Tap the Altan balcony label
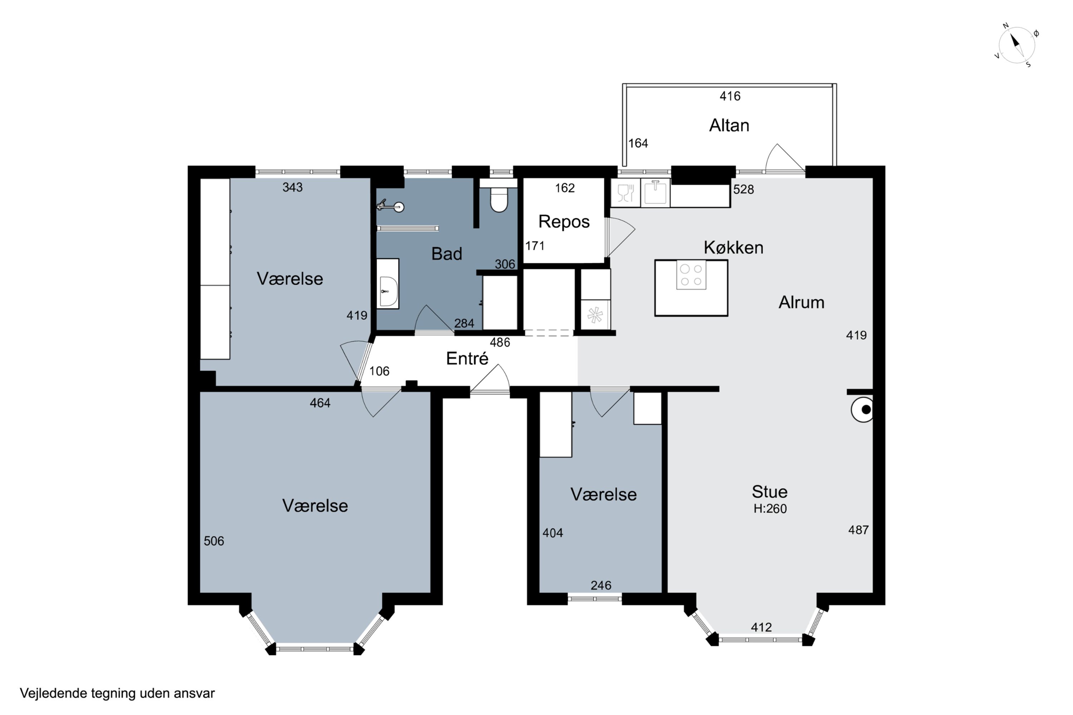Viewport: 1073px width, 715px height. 729,125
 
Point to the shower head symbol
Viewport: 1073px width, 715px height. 391,206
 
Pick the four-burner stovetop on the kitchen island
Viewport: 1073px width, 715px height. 691,275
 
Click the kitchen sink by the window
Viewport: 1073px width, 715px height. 655,193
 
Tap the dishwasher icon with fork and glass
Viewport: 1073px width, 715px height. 626,193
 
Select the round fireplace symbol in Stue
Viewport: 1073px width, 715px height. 862,409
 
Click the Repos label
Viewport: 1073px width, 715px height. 564,222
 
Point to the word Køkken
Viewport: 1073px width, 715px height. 734,248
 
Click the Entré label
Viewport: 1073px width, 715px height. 467,359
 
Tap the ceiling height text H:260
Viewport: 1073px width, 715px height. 770,508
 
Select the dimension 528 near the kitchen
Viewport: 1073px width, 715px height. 744,189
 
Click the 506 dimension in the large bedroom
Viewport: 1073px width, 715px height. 214,541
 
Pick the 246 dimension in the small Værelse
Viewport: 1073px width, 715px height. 601,586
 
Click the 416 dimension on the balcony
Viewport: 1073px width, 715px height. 730,96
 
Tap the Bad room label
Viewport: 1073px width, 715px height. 447,253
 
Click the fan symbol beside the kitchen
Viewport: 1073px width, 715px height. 596,315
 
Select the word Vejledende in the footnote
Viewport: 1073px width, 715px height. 53,693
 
